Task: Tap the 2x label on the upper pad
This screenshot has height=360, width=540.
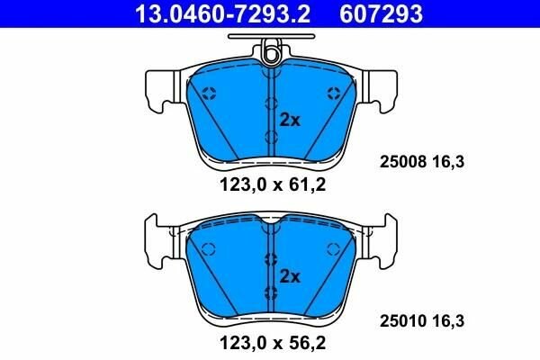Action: coord(289,119)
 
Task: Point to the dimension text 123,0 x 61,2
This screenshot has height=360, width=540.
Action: coord(270,187)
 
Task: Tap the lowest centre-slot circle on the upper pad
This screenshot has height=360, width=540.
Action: coord(271,136)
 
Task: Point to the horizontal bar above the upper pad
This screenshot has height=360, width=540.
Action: coord(270,38)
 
